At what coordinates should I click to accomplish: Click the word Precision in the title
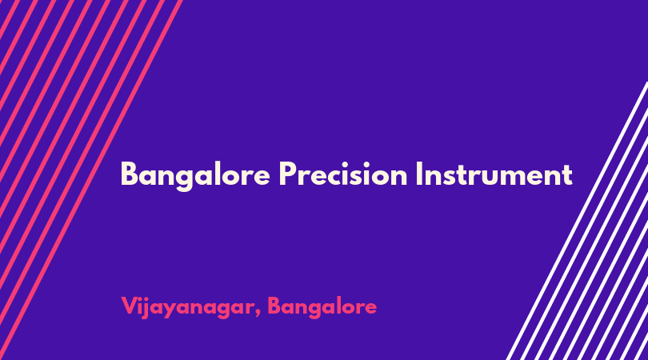[342, 174]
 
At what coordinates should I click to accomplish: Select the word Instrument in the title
[494, 174]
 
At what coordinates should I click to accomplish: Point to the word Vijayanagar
[188, 307]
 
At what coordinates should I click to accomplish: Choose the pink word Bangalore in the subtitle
[322, 307]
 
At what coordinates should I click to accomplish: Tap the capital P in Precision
[288, 174]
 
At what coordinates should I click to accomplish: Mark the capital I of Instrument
[418, 174]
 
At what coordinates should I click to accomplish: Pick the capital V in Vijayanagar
[130, 306]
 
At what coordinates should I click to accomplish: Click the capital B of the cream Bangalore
[129, 174]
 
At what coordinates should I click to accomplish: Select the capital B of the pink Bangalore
[275, 306]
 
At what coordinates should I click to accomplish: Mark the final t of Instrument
[567, 175]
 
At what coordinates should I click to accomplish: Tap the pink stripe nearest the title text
[91, 180]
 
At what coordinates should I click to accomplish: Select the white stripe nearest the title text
[578, 220]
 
